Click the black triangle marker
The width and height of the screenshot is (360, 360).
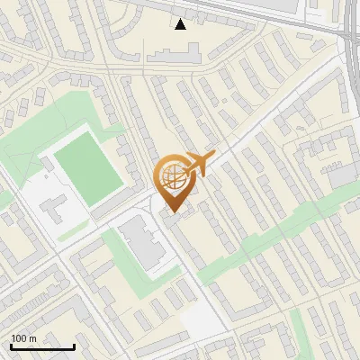(181, 24)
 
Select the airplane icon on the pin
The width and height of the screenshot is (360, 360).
(197, 165)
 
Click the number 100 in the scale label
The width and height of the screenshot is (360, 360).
(19, 338)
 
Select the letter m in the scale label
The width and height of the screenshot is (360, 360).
(31, 338)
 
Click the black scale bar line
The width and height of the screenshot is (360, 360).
(41, 347)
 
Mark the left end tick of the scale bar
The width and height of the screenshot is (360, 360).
(11, 346)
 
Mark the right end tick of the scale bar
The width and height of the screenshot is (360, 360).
(73, 346)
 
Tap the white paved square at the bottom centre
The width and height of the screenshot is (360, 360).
(203, 319)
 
